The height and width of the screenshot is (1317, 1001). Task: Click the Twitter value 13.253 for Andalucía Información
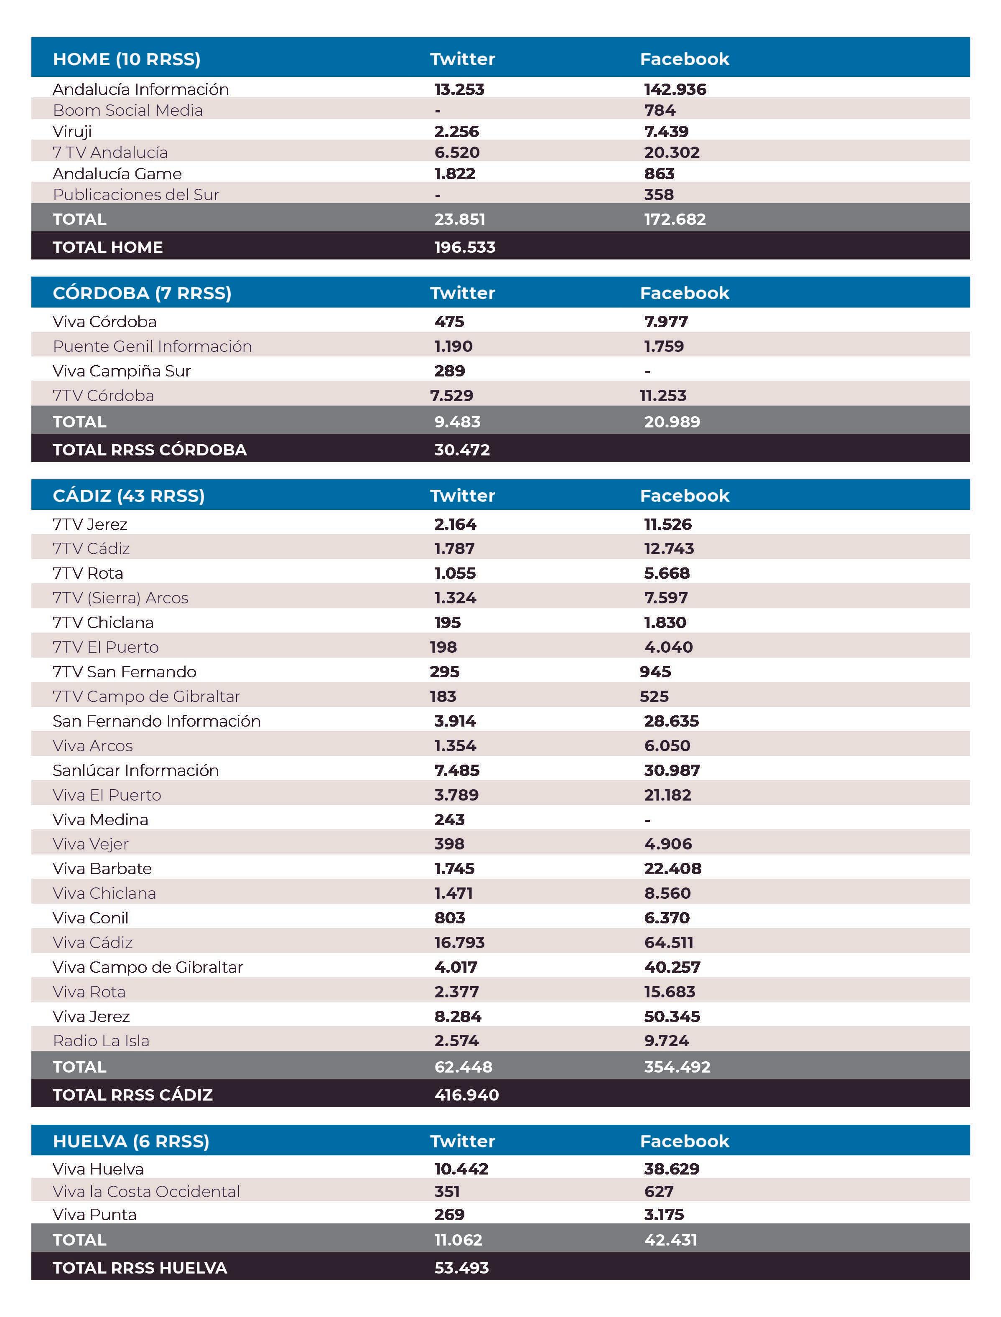(459, 89)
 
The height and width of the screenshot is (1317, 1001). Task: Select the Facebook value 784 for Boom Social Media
(660, 110)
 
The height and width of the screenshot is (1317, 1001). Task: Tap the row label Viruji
(72, 132)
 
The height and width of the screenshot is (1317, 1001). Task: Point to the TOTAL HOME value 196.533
(465, 247)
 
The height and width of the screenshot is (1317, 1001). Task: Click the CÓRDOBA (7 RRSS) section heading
(142, 293)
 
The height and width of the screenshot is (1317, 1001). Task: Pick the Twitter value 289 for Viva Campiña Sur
(449, 371)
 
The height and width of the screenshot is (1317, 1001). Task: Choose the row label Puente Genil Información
(152, 346)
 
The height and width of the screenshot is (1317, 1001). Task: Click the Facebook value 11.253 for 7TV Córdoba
(662, 396)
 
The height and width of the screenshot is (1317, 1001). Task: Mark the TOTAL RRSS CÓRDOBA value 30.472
(462, 450)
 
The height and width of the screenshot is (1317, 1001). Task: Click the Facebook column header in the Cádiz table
(684, 496)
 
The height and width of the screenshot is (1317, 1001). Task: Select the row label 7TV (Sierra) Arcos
(120, 598)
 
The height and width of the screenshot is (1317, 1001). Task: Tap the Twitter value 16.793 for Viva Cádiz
(459, 942)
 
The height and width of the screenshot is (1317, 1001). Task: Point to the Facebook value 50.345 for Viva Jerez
(672, 1016)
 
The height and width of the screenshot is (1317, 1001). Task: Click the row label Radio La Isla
(101, 1041)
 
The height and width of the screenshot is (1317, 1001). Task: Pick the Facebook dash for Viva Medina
(648, 820)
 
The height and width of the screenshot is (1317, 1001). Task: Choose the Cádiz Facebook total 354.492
(677, 1067)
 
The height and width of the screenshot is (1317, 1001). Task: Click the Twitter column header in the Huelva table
(462, 1141)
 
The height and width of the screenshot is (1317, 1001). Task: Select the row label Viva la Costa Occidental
(146, 1191)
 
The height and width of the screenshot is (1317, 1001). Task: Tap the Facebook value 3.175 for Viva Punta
(664, 1215)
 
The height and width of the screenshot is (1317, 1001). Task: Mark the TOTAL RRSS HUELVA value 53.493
(461, 1268)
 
